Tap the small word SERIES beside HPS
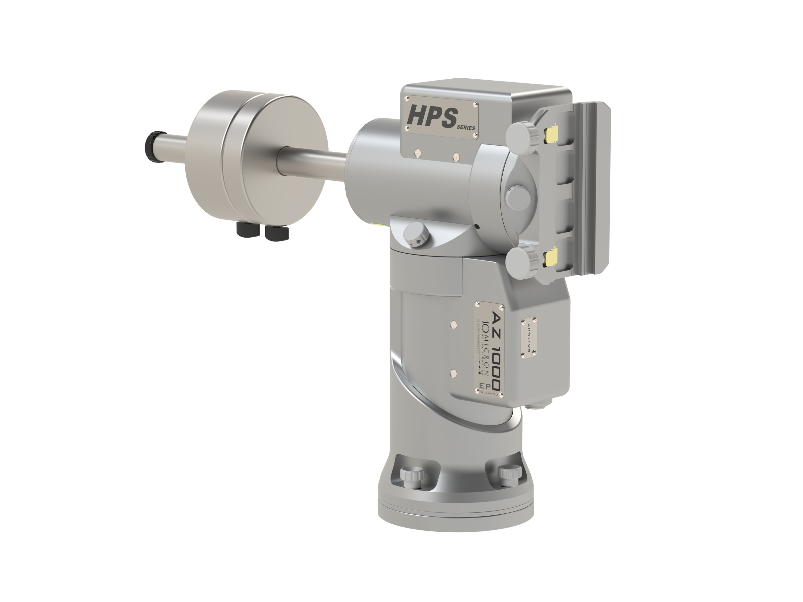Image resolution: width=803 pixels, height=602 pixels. pos(466,128)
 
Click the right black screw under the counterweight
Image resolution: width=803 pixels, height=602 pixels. pos(277,232)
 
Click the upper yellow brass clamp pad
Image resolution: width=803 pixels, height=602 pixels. pos(552,135)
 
